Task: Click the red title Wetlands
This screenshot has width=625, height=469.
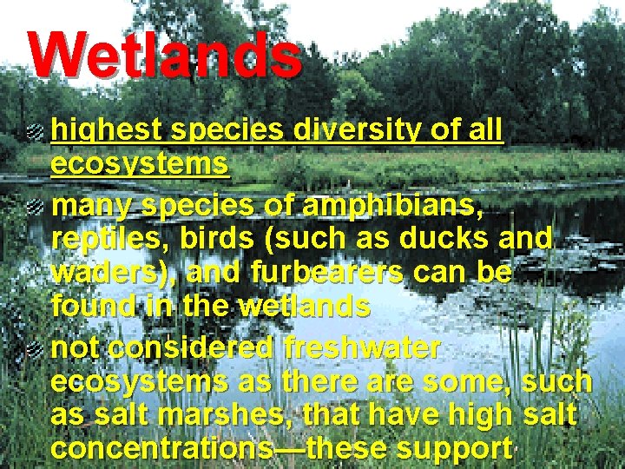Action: pos(165,54)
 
